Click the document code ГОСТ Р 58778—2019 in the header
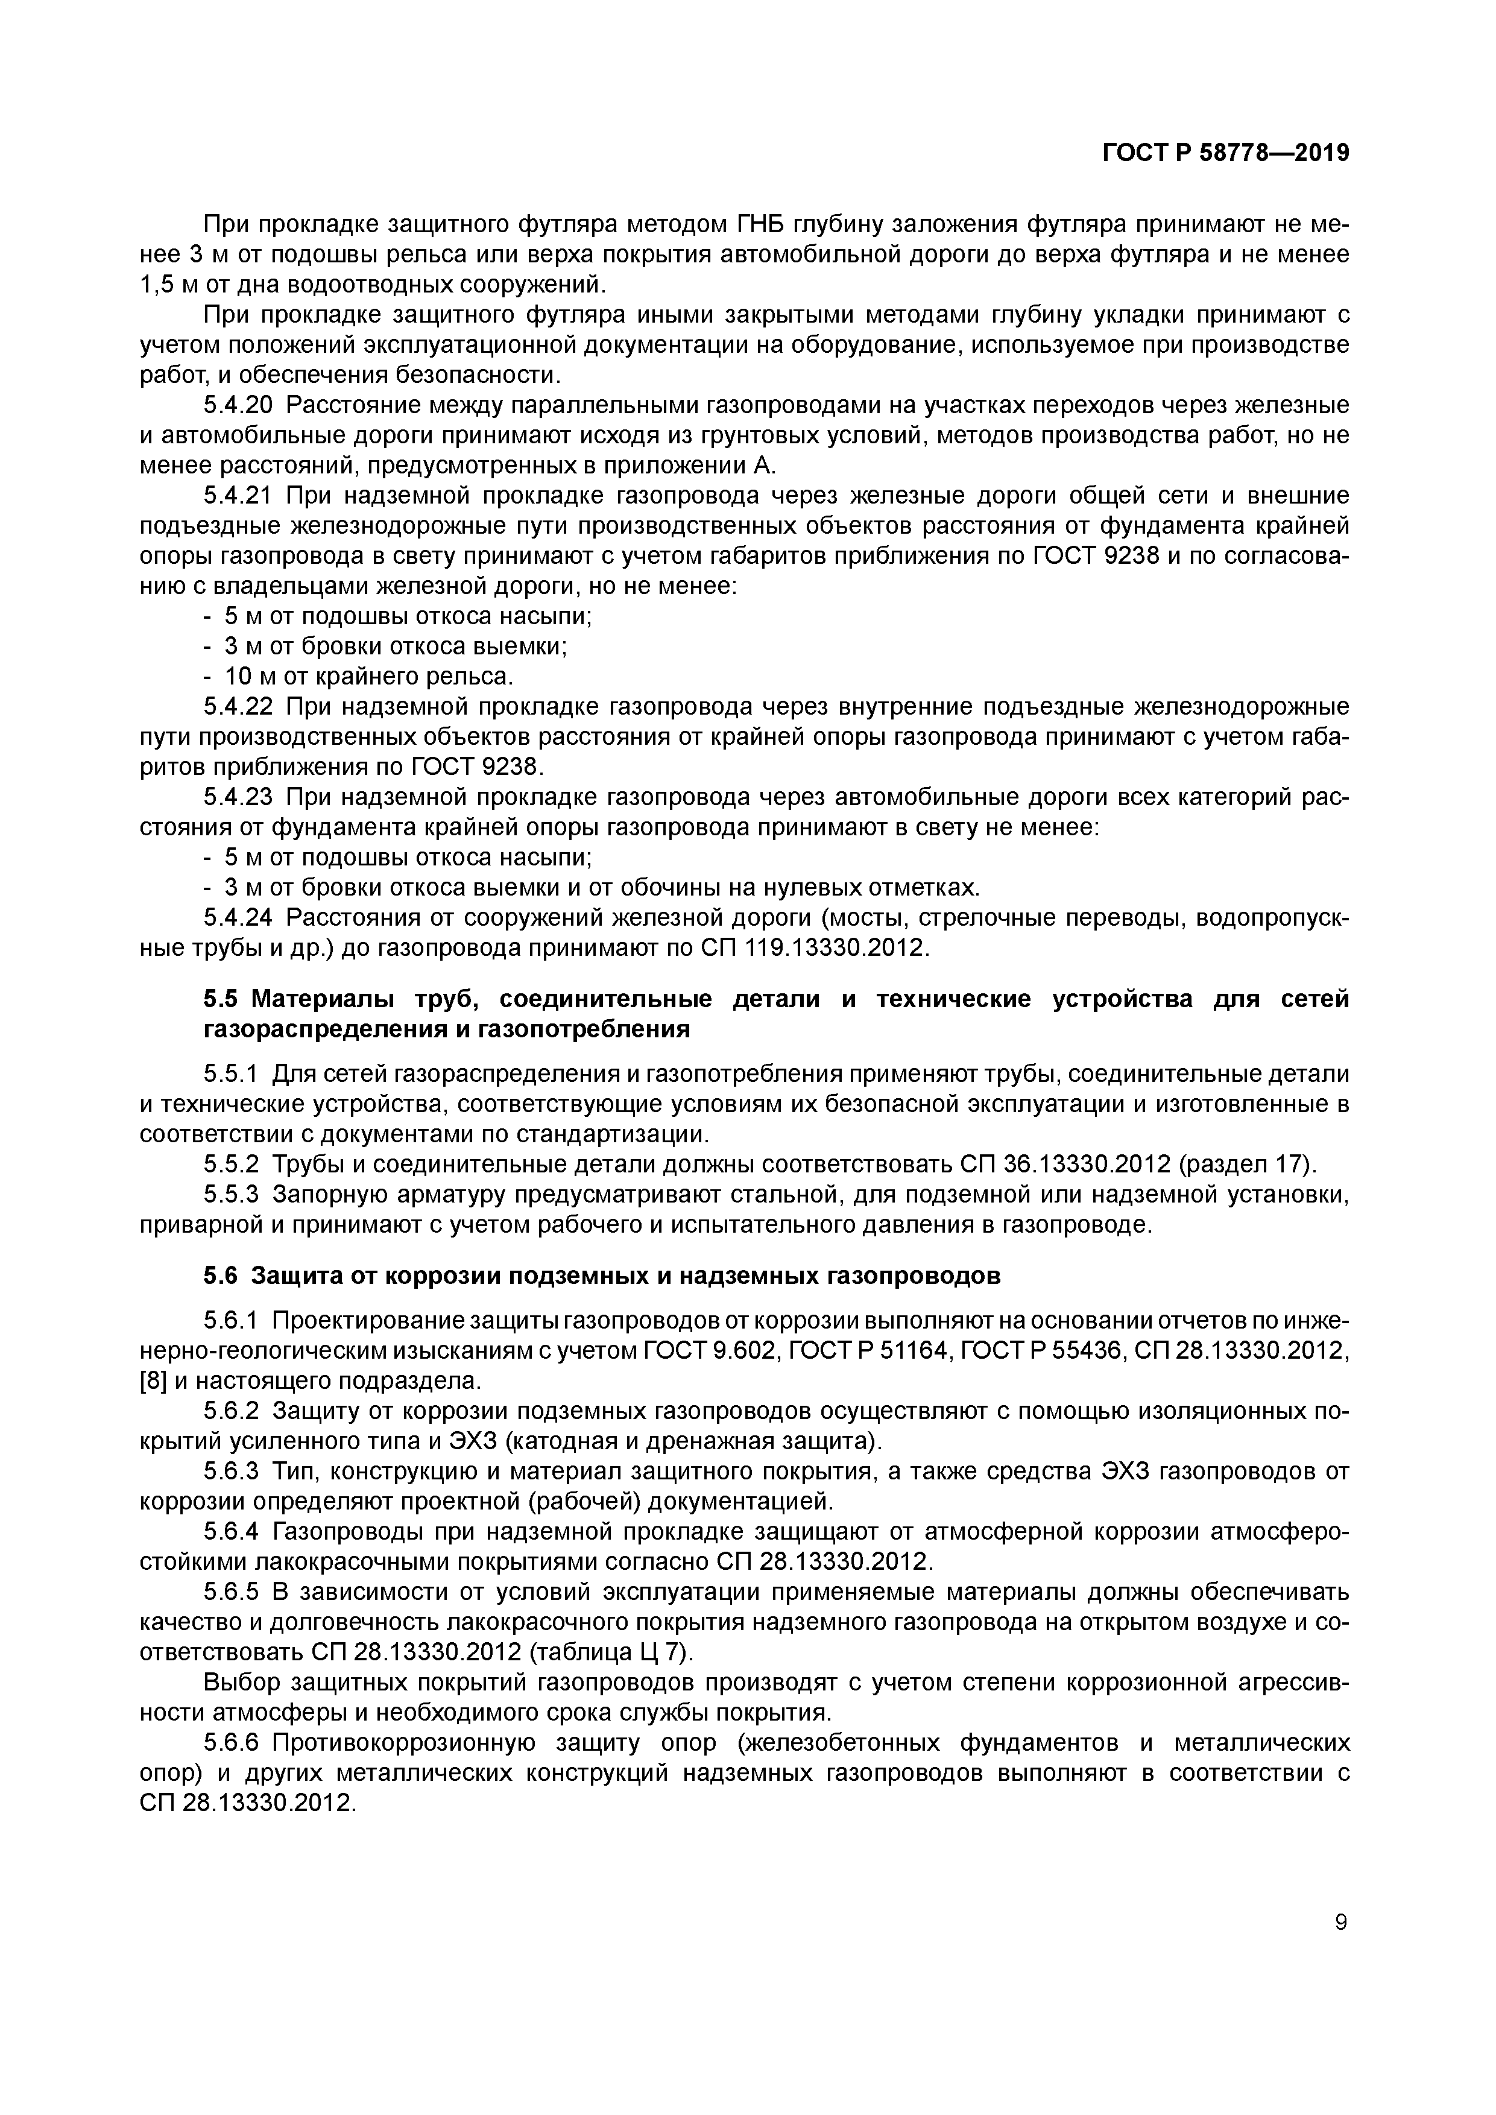(1225, 153)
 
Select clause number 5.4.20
(238, 405)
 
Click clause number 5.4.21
(238, 496)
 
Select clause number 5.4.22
(238, 707)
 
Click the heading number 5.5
(222, 999)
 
